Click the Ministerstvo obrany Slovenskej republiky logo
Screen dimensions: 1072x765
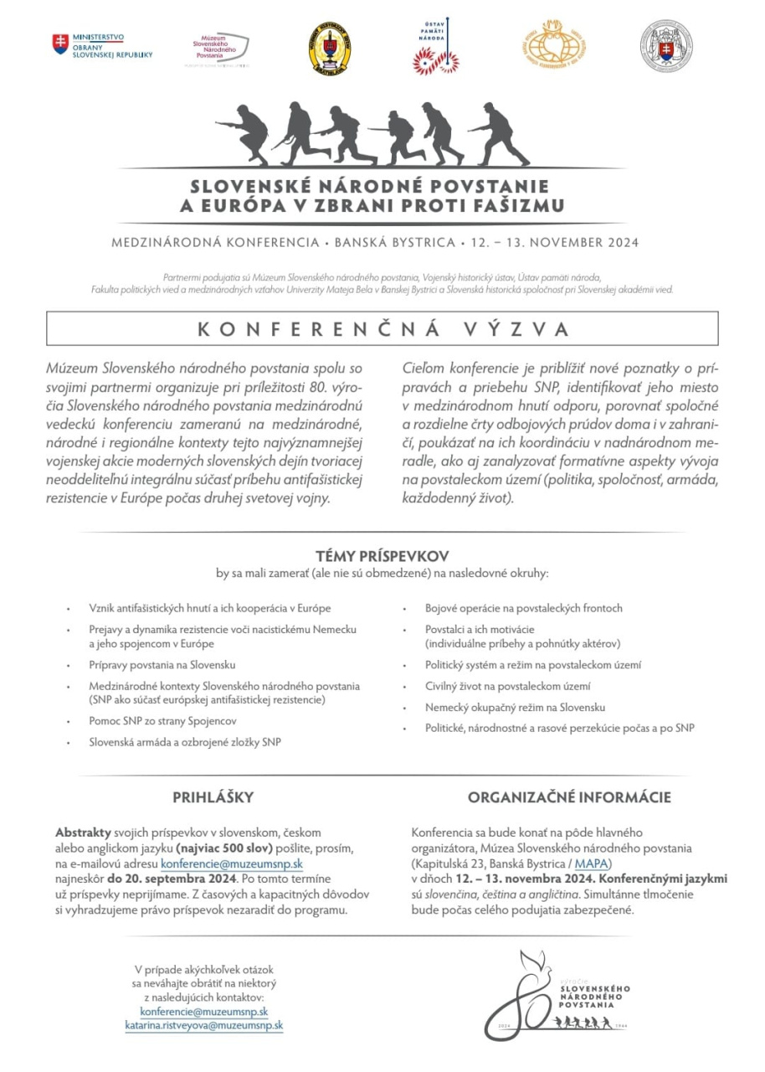(x=102, y=45)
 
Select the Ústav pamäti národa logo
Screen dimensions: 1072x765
(x=436, y=49)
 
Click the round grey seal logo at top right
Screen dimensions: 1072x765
(x=666, y=46)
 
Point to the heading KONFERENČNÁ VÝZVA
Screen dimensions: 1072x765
(x=382, y=329)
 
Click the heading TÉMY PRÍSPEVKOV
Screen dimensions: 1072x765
(x=382, y=556)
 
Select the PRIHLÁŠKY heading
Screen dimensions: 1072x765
(x=213, y=797)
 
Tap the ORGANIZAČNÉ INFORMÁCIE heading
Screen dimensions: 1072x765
(x=568, y=797)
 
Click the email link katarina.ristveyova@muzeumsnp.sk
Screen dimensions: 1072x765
(x=204, y=1024)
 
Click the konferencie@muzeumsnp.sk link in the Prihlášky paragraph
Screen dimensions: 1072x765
(x=232, y=863)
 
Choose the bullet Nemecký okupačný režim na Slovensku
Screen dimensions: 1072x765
(x=515, y=707)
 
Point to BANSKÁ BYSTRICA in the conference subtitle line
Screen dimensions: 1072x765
(x=393, y=244)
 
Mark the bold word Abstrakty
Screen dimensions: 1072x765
(x=83, y=832)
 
